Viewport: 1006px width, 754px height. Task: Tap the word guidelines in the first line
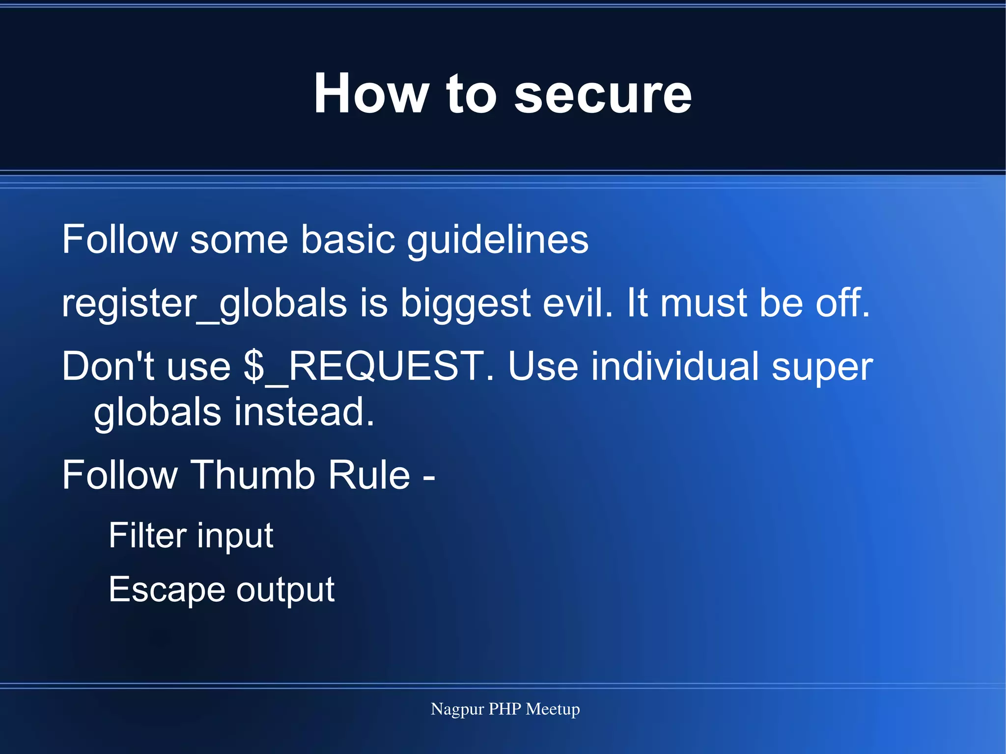497,240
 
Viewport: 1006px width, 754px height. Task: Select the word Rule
369,475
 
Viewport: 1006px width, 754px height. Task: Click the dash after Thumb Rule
429,476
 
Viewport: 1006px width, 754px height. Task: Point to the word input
235,536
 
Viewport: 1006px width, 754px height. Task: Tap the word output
285,590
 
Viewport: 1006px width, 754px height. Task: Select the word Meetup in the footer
553,709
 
